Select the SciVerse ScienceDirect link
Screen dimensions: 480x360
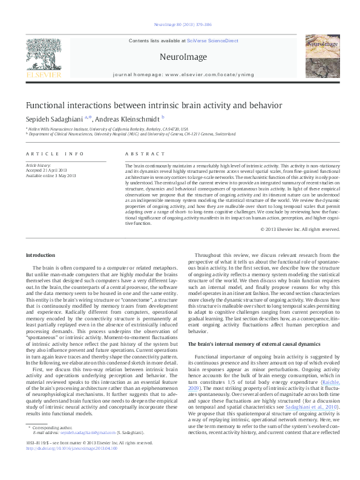pos(215,41)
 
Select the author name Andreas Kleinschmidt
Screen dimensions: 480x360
pos(125,118)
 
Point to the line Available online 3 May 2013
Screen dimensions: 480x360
pos(50,175)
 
